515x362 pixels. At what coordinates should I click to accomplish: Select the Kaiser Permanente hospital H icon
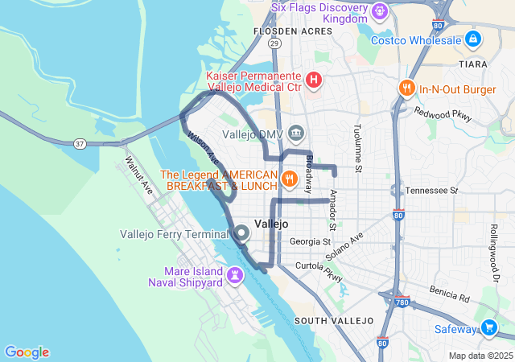pos(314,80)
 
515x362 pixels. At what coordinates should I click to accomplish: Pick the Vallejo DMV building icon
pos(295,133)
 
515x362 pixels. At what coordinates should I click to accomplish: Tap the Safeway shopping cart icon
pos(488,327)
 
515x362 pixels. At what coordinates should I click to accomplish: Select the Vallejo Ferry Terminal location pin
pos(242,234)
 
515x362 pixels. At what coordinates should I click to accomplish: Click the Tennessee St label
pos(431,191)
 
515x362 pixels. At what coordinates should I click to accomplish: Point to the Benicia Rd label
pos(449,297)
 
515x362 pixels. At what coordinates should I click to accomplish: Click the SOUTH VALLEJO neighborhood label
pos(334,321)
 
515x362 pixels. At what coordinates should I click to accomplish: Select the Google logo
pos(27,352)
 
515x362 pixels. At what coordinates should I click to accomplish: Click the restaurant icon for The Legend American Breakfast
pos(287,178)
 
